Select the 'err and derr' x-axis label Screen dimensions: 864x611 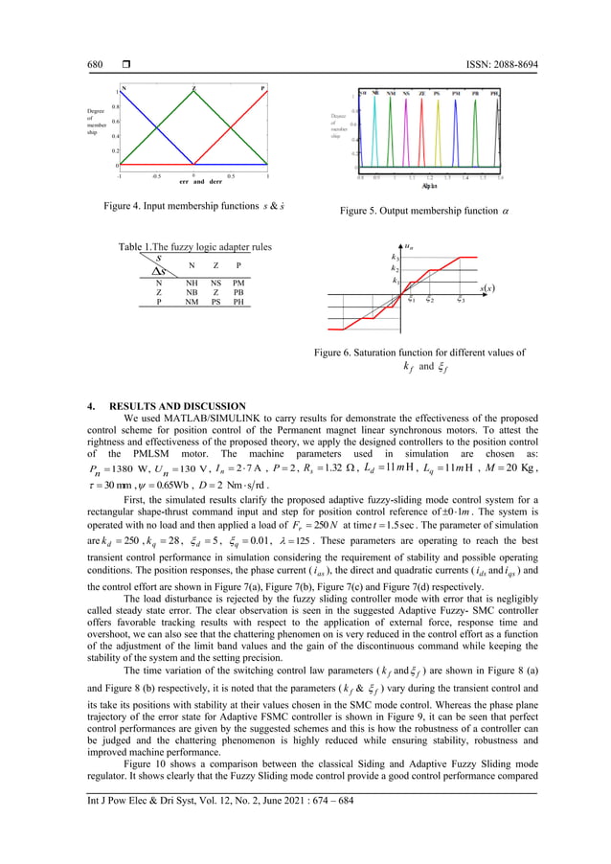pos(193,182)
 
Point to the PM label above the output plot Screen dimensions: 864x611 pos(457,94)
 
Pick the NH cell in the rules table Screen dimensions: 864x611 pos(192,283)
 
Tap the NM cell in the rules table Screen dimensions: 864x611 pos(192,301)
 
